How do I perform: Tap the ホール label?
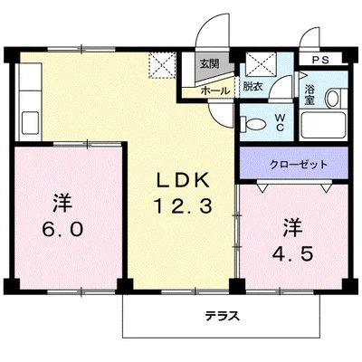[214, 91]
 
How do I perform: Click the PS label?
[320, 61]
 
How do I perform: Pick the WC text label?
[280, 121]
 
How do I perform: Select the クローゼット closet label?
[298, 164]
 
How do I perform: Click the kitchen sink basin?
[27, 120]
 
